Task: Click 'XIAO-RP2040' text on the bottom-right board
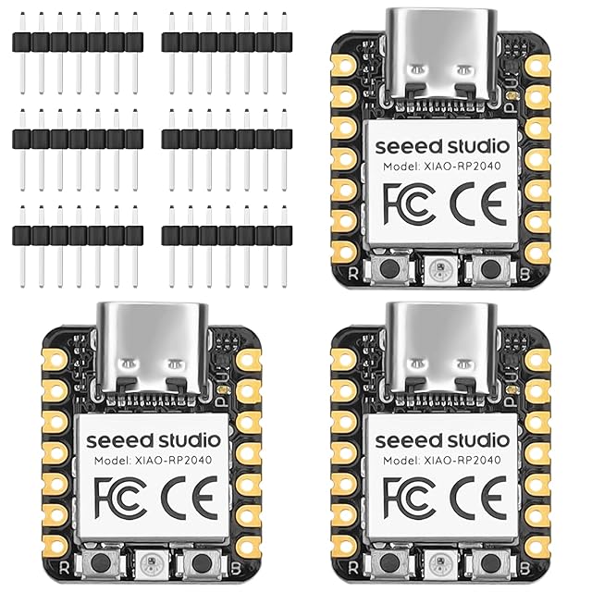point(464,461)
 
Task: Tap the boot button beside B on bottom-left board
point(201,563)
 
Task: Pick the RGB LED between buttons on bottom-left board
point(152,563)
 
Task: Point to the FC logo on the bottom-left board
point(120,499)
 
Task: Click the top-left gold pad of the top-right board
point(344,66)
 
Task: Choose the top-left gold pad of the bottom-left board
point(55,360)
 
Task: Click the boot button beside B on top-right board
point(489,268)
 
